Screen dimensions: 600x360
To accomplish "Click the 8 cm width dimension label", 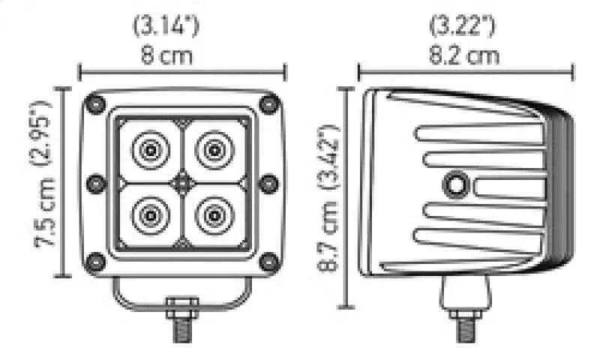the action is (x=166, y=55).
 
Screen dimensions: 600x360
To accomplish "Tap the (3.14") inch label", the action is (x=166, y=26).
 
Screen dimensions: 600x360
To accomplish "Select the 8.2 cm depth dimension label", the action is (x=463, y=55).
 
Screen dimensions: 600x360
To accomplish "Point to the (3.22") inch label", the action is (x=462, y=26).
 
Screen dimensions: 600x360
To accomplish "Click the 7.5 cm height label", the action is (x=46, y=213).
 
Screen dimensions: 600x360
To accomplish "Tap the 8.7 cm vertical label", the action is (x=328, y=235).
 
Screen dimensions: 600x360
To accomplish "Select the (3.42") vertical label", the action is (x=329, y=156).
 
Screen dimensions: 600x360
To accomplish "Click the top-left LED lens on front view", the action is (x=151, y=150).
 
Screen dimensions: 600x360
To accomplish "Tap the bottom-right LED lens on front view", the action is (x=214, y=216).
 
